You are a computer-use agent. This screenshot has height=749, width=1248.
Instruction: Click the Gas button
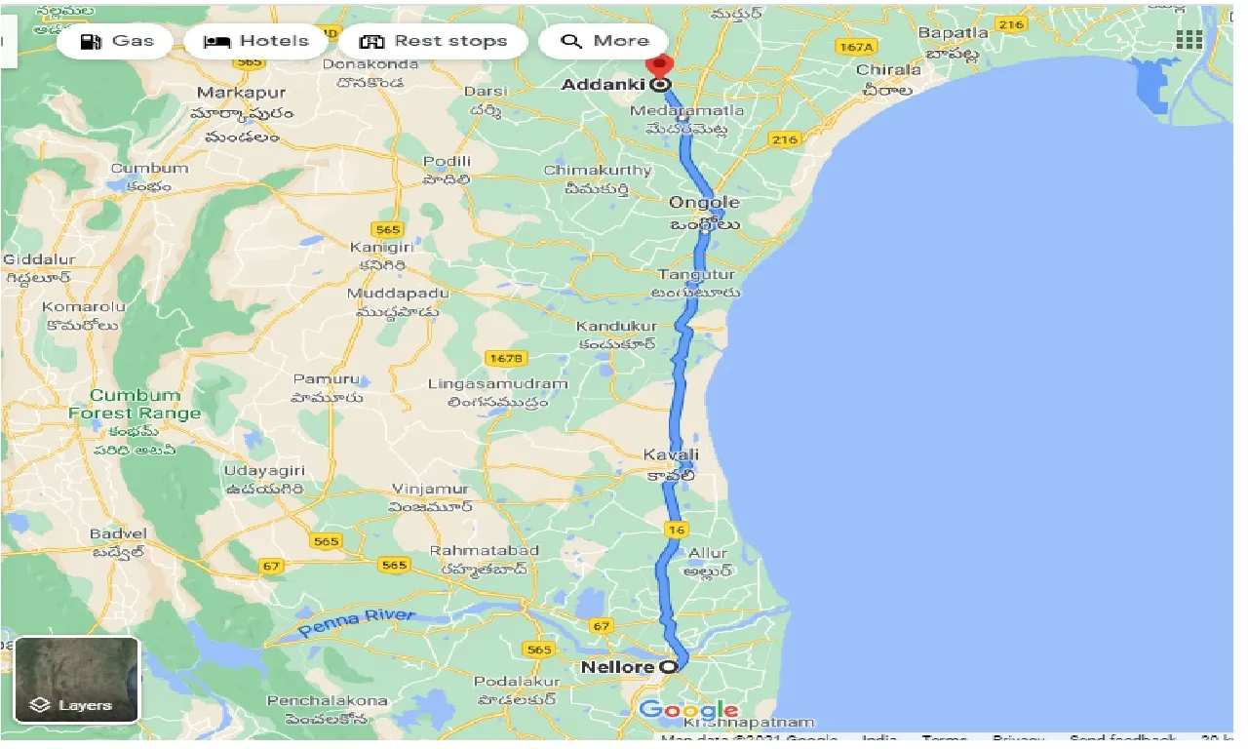[117, 41]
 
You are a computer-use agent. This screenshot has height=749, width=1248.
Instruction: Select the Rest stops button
[434, 41]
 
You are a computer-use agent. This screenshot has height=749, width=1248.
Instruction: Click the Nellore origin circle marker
[668, 667]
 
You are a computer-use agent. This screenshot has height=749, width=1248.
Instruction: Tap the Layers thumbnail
[77, 680]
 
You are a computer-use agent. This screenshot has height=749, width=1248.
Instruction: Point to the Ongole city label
[704, 203]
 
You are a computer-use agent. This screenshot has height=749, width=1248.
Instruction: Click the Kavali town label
[671, 454]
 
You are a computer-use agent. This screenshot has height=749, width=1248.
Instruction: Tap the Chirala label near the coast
[888, 69]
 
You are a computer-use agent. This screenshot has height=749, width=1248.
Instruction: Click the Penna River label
[357, 622]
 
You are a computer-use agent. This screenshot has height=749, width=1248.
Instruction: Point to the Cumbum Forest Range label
[136, 404]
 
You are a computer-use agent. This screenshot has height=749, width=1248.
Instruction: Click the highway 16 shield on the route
[677, 530]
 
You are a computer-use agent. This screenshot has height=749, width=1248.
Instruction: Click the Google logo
[688, 710]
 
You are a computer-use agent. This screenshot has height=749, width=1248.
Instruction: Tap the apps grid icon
[1189, 40]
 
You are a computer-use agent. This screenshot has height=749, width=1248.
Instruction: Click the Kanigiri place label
[376, 248]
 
